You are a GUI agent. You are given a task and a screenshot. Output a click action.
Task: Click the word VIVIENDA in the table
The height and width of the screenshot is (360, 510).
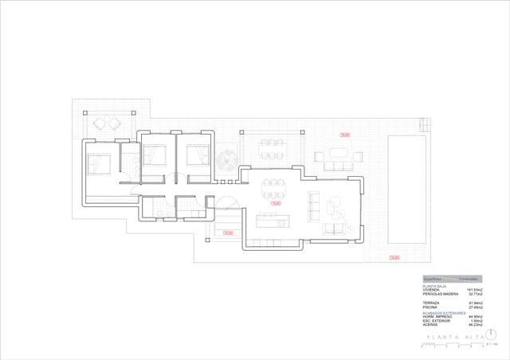coord(431,290)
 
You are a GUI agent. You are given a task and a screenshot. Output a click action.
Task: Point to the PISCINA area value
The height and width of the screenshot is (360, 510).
coord(477,307)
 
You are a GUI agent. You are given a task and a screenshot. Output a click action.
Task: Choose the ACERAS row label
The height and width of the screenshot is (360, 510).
coord(430,325)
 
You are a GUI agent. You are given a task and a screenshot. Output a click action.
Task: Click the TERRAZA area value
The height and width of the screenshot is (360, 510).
coord(477,303)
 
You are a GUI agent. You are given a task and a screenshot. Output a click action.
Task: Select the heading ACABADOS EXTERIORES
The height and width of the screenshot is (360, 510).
coord(444,313)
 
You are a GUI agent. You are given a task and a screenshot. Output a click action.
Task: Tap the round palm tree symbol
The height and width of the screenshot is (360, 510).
coord(226,156)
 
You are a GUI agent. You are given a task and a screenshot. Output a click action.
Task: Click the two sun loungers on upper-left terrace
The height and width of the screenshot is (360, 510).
coord(106,123)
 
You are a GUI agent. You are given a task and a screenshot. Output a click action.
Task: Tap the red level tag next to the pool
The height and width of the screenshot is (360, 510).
coord(394,257)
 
